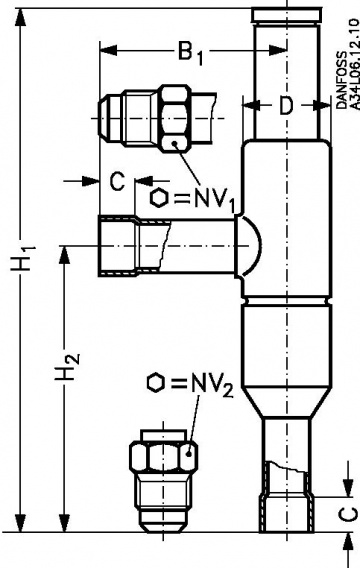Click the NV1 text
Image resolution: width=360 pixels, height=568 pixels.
coord(214,198)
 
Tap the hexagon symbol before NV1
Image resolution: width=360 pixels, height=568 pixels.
coord(161,197)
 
